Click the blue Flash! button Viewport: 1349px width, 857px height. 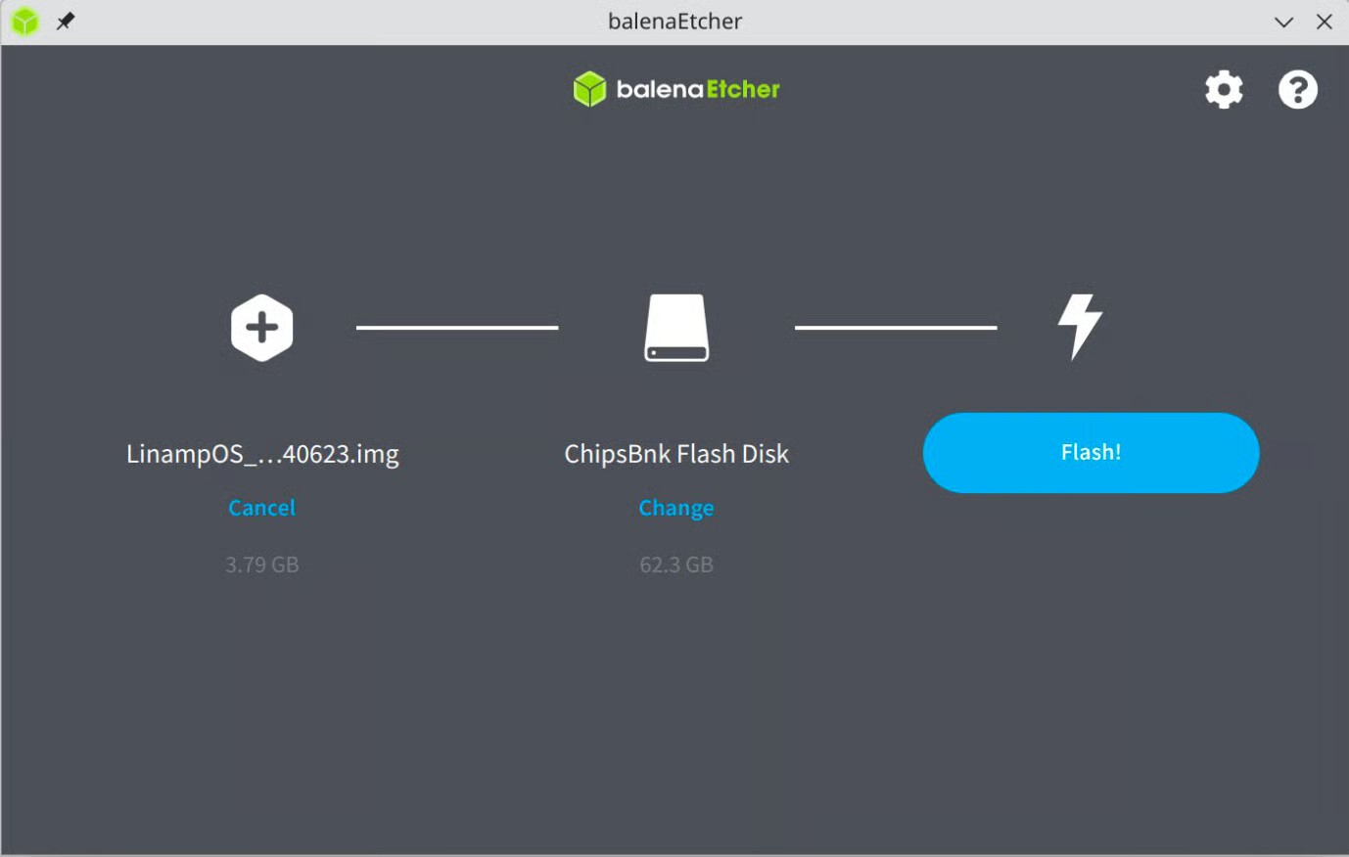click(x=1091, y=453)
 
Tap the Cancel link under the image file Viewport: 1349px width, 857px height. click(x=261, y=508)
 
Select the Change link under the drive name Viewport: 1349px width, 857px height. click(x=676, y=508)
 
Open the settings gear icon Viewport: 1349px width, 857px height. click(x=1224, y=90)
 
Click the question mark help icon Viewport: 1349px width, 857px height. click(x=1297, y=90)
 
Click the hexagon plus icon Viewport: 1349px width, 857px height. click(x=261, y=328)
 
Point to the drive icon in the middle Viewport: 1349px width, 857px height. click(x=676, y=328)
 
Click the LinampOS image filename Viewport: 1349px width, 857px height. click(x=262, y=454)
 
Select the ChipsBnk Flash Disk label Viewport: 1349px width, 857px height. click(x=676, y=454)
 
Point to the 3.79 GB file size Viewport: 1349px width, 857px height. click(x=261, y=564)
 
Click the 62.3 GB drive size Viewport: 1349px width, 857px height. click(x=676, y=564)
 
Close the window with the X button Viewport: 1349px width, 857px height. click(x=1325, y=22)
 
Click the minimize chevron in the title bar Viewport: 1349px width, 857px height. click(x=1283, y=22)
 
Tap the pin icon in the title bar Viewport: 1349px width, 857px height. click(x=66, y=21)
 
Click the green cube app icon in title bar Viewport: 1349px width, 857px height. click(x=24, y=21)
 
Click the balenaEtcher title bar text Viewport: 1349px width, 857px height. click(x=674, y=22)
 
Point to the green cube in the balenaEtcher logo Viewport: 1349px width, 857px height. click(x=589, y=89)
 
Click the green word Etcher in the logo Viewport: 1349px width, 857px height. click(x=743, y=89)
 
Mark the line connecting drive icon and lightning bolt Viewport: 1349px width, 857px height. click(x=896, y=328)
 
